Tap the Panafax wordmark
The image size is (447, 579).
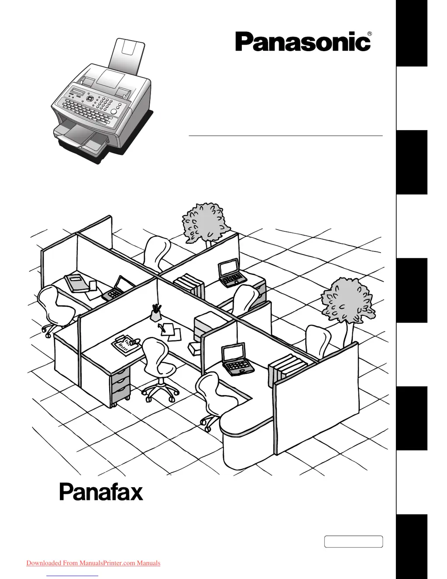pos(101,492)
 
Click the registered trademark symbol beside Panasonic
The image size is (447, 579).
pos(369,34)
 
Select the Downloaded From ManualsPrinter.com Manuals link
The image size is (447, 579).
pos(93,563)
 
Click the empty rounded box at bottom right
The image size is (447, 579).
pos(353,541)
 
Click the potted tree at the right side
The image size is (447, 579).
pos(348,304)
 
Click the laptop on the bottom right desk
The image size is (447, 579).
pos(236,361)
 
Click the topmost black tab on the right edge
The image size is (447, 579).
pos(411,33)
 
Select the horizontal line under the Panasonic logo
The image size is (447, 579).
pos(285,136)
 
